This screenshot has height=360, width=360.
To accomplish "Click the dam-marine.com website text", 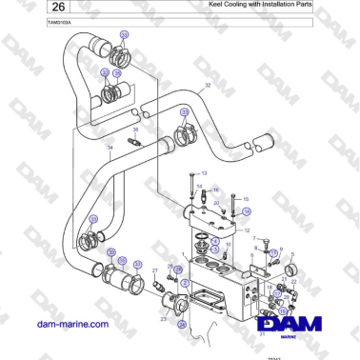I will (69, 324).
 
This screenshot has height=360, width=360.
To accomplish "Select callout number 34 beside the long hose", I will (110, 149).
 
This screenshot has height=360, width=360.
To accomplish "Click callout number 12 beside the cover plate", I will (247, 230).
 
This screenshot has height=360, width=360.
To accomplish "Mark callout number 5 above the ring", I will (291, 255).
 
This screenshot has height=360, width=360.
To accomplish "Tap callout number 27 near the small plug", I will (155, 270).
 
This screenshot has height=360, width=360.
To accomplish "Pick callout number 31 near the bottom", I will (262, 333).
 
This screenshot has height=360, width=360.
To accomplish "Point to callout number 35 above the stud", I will (134, 130).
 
